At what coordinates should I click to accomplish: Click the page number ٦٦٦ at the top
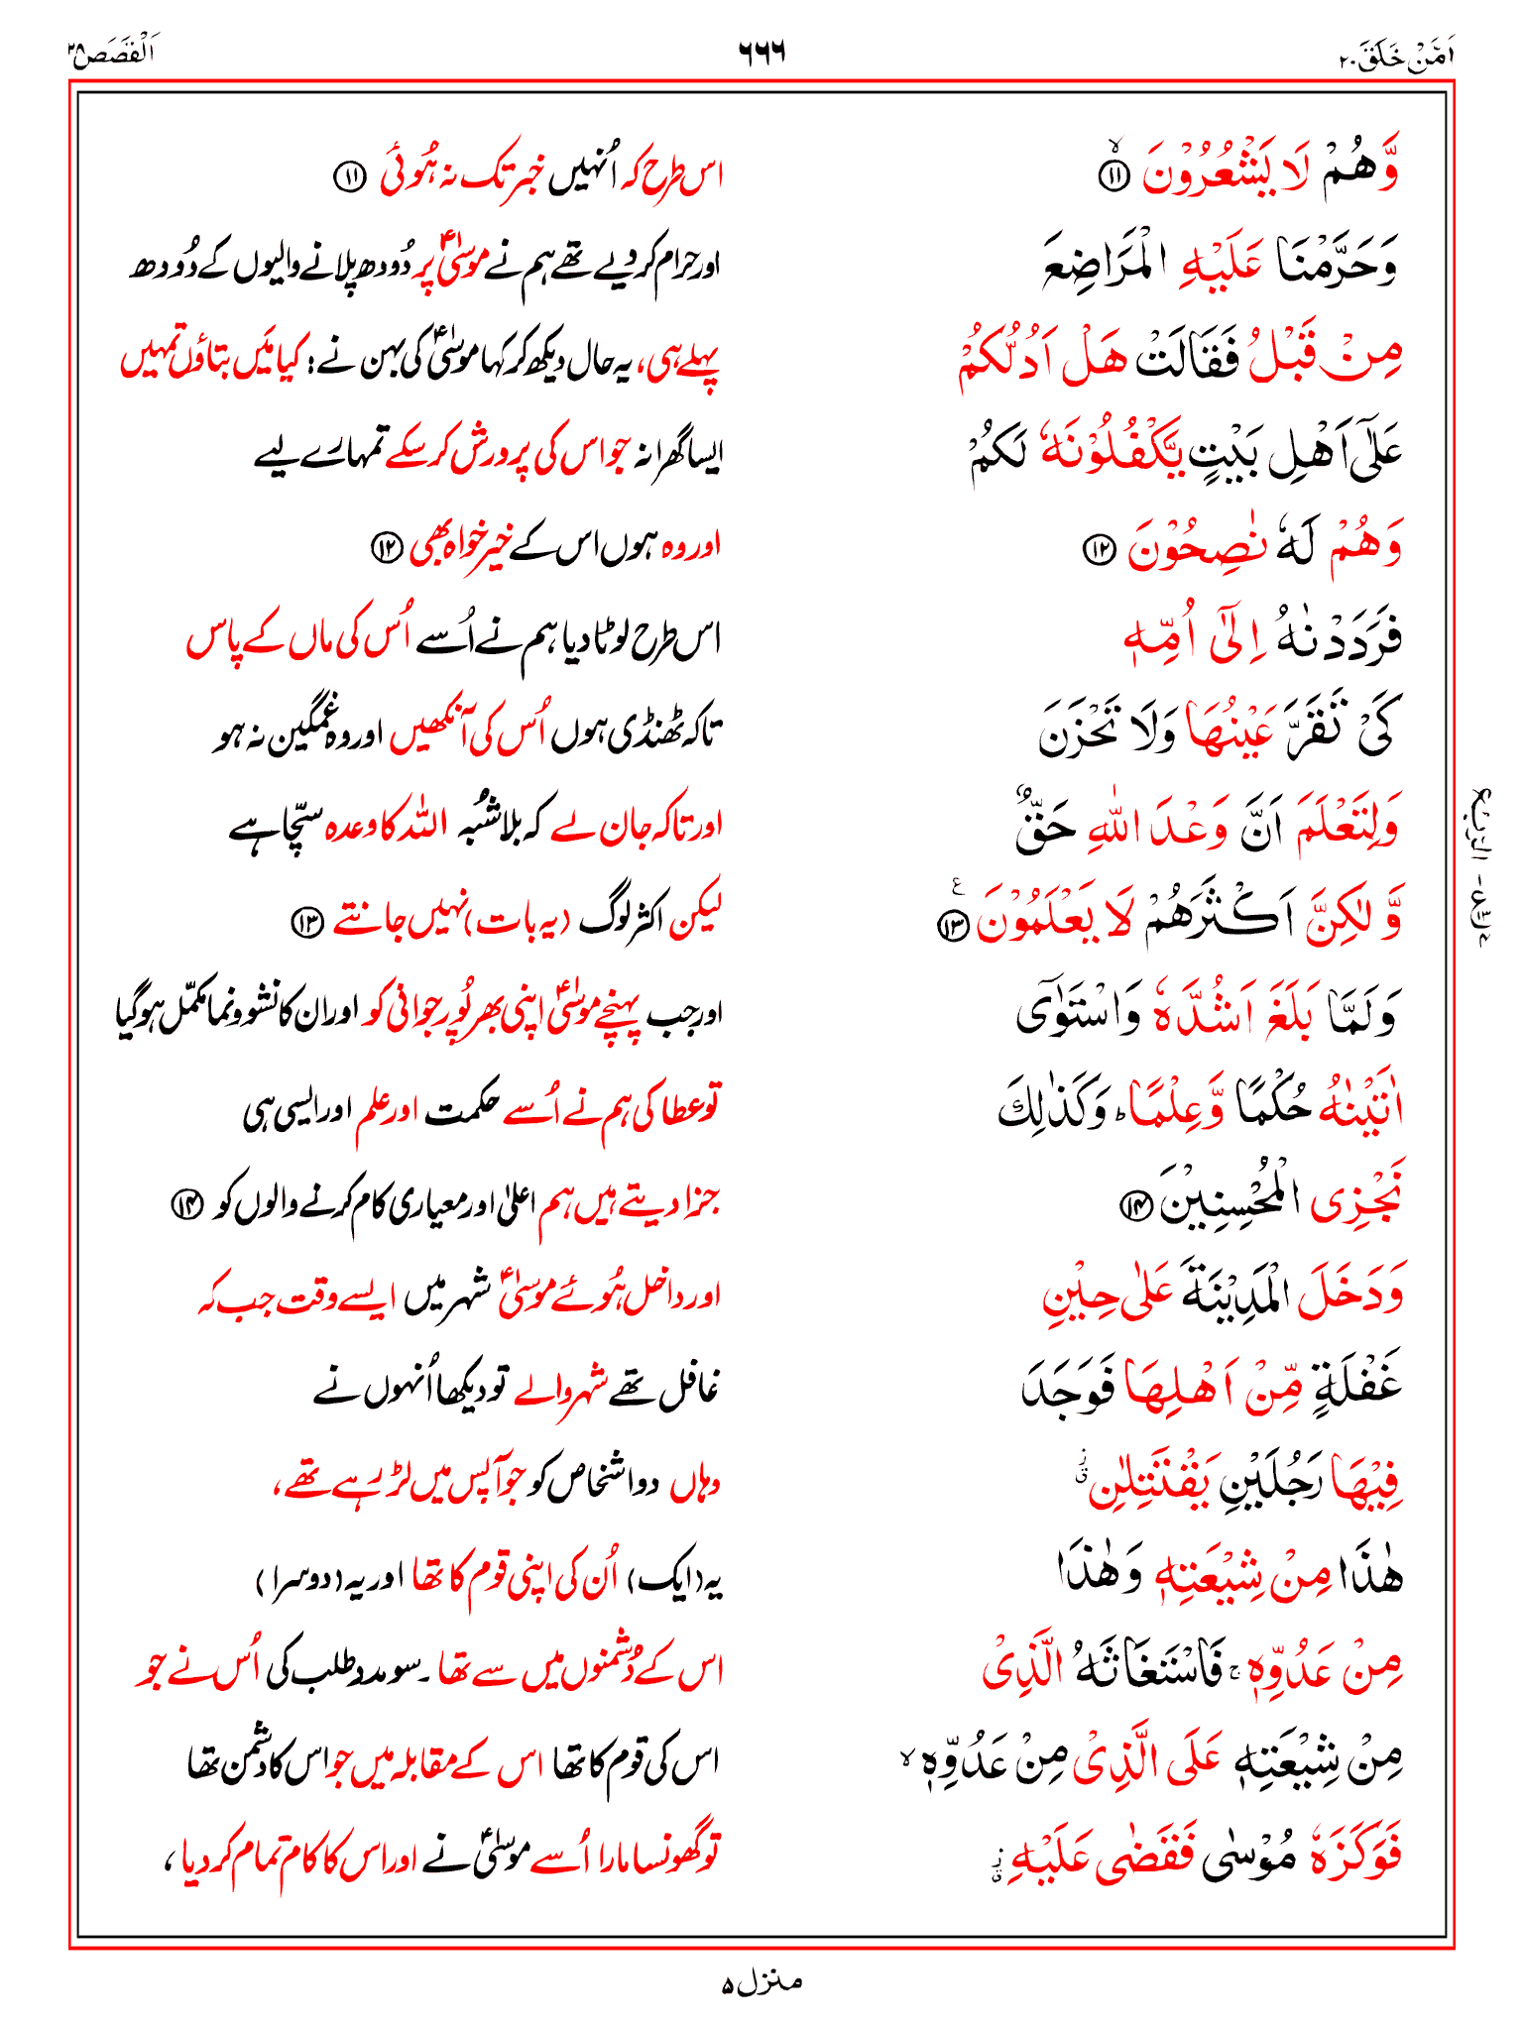[761, 52]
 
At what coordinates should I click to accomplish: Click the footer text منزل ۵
[761, 1983]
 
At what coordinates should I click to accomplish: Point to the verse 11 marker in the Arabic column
[1113, 177]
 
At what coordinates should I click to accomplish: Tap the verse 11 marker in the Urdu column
[349, 177]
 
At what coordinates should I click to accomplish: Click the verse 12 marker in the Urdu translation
[386, 546]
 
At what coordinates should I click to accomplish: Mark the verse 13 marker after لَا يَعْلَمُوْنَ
[955, 925]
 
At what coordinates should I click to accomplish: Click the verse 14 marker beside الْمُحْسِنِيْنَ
[1133, 1205]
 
